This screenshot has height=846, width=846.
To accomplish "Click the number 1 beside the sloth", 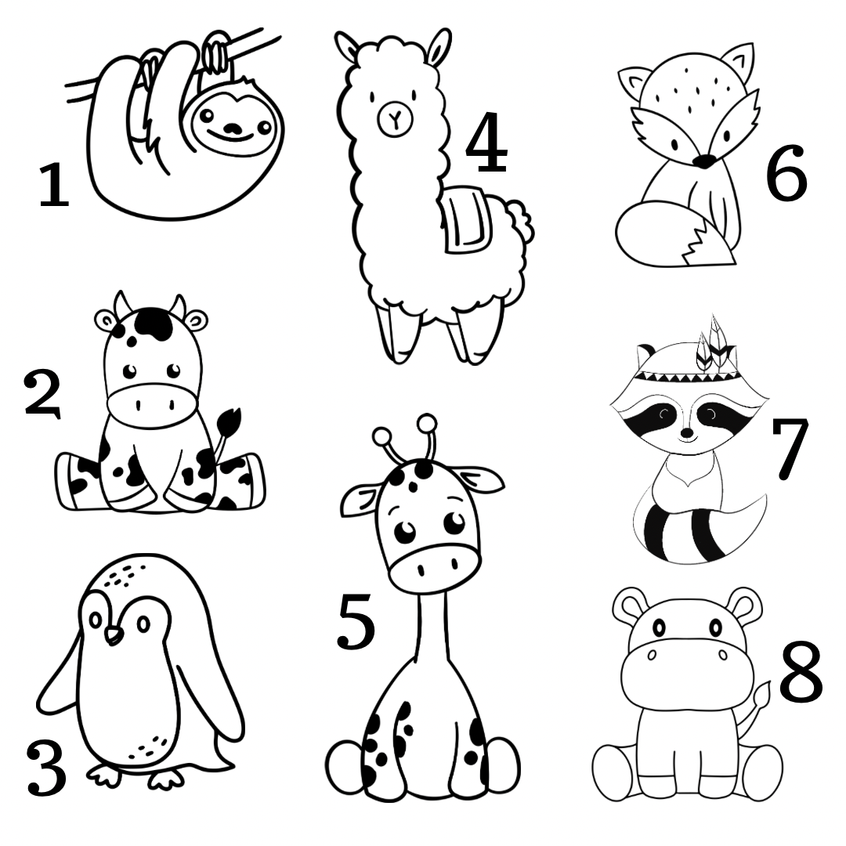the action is (x=55, y=186).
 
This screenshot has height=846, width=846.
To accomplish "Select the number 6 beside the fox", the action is (x=786, y=172).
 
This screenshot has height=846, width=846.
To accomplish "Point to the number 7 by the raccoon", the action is (x=790, y=448).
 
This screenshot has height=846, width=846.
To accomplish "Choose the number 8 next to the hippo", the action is (x=801, y=672).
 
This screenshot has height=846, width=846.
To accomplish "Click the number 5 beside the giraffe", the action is (x=356, y=620).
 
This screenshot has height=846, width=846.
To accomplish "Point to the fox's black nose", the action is (x=703, y=161).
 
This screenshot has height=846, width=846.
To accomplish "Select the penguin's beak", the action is (x=114, y=635).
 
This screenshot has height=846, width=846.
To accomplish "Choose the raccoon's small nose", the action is (x=687, y=432).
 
